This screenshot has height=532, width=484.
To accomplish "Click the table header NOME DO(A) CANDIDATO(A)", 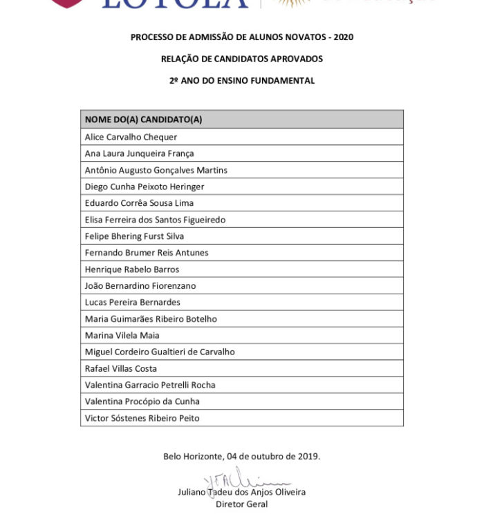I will tap(143, 120).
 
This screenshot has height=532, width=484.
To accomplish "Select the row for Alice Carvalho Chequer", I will tap(131, 137).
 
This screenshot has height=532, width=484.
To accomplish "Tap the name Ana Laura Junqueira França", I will tap(139, 153).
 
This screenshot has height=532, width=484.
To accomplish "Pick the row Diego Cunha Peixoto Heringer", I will tap(144, 187).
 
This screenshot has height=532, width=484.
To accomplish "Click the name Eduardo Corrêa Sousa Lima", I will tap(139, 203).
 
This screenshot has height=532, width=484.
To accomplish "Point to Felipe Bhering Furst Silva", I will tap(134, 236).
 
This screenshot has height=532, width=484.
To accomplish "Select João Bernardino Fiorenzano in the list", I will tap(140, 286).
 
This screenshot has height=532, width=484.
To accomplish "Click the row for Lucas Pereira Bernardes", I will tap(132, 303).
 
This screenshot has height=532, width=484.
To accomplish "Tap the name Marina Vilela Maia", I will tap(122, 336).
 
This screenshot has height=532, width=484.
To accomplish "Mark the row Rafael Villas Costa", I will tap(120, 369).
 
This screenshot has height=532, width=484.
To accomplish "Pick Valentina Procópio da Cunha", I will tap(142, 402).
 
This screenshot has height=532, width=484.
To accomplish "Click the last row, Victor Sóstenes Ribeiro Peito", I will tap(142, 419).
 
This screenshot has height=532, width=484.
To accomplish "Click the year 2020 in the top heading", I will tap(343, 37).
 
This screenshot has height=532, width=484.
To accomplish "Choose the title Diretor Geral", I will tap(242, 504).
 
